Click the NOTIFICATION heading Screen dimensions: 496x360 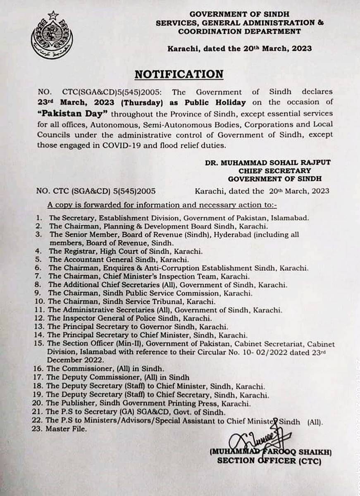[179, 74]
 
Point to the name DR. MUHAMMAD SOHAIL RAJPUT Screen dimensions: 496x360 [268, 162]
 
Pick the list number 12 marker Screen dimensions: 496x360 [40, 318]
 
